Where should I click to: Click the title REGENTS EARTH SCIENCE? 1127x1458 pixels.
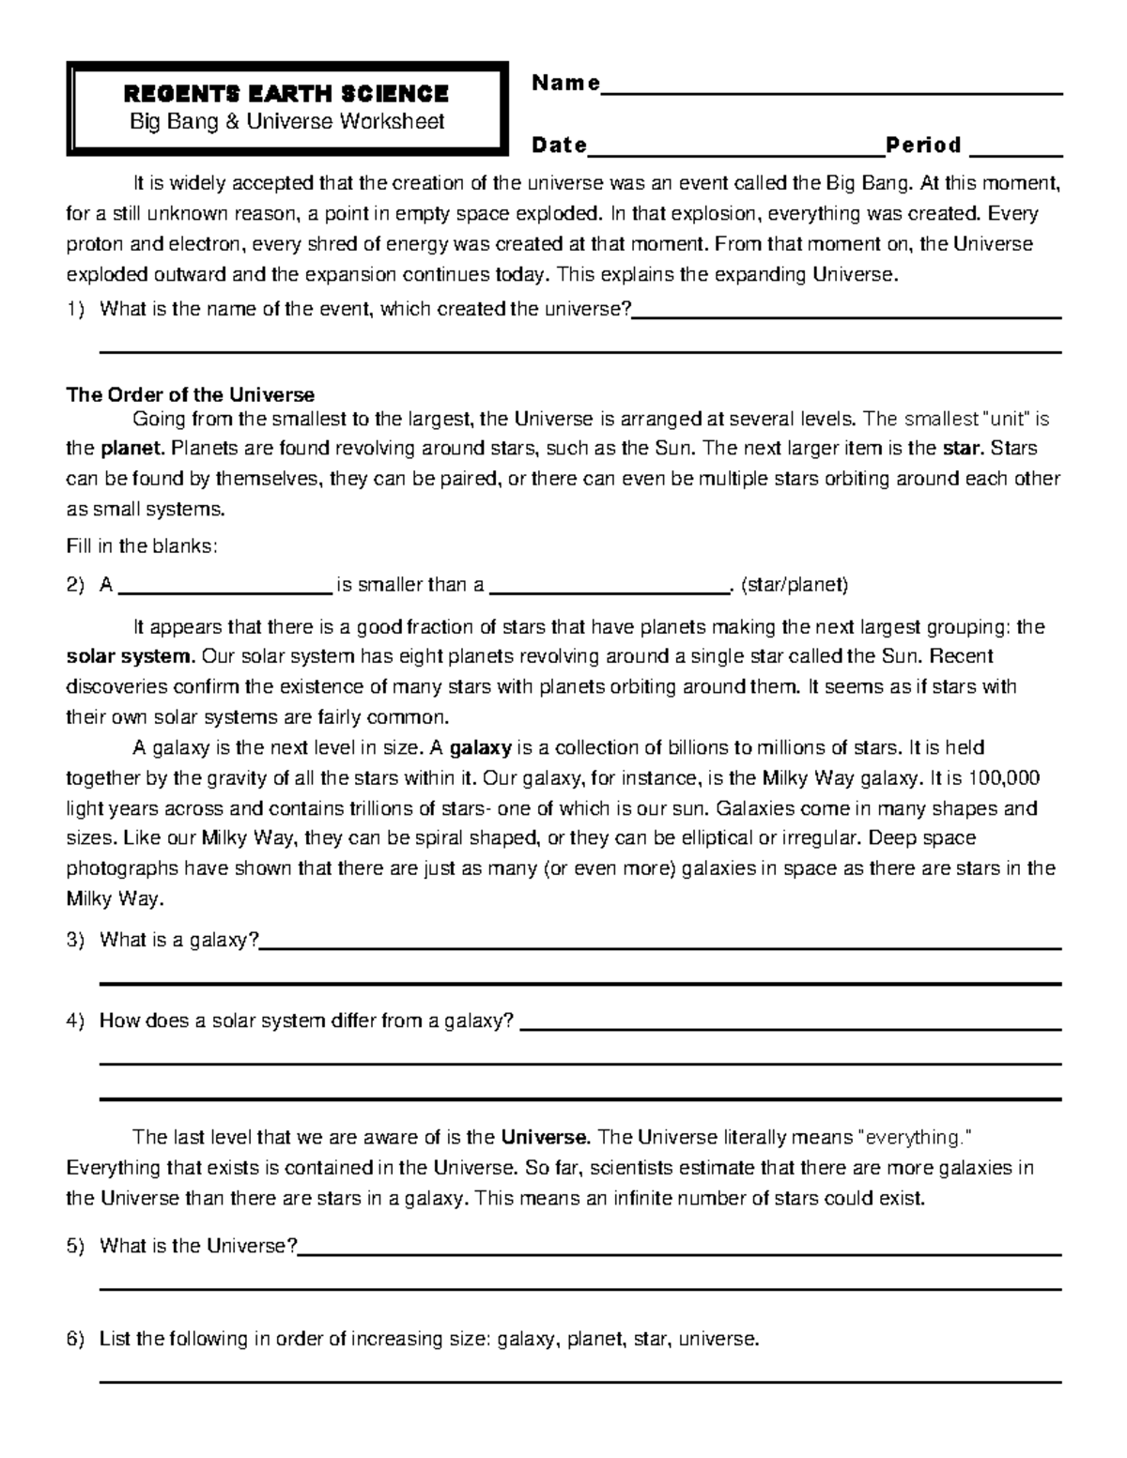(286, 94)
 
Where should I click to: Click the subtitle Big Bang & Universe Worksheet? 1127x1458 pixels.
(286, 121)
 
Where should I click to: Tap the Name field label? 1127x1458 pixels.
(565, 84)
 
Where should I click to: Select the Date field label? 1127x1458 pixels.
(559, 146)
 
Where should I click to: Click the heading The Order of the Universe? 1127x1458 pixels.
(190, 394)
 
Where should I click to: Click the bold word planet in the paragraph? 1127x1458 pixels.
(132, 448)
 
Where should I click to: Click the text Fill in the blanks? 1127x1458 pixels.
(142, 545)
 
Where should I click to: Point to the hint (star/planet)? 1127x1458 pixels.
(795, 586)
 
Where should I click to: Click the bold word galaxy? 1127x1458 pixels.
(481, 748)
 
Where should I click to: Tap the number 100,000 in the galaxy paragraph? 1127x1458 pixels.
(1006, 778)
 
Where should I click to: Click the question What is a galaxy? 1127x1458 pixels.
(178, 941)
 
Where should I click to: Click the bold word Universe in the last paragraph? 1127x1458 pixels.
(545, 1138)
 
